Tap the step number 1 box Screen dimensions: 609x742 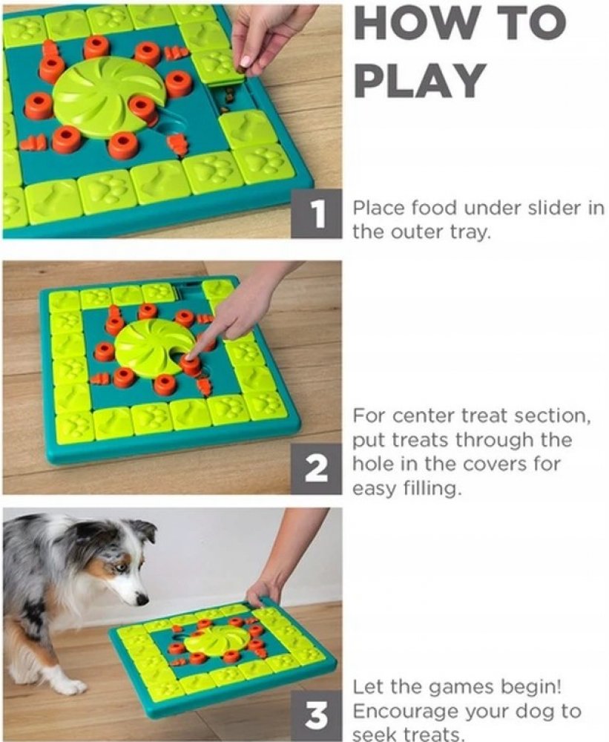(316, 214)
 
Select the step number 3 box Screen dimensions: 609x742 (316, 716)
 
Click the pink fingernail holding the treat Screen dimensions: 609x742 (245, 62)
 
